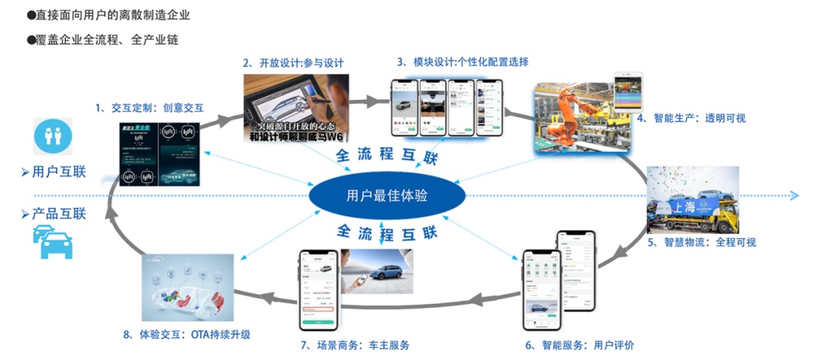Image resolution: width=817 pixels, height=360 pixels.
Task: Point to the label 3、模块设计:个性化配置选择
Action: click(x=462, y=61)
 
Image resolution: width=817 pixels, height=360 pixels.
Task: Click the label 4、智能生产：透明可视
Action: click(x=691, y=118)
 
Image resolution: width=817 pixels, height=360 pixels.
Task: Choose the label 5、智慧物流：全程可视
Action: click(x=701, y=243)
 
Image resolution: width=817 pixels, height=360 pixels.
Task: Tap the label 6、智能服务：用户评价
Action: click(x=579, y=345)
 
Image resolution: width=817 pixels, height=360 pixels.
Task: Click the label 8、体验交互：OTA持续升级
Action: click(x=195, y=334)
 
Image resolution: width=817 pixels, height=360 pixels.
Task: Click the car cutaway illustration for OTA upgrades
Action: click(x=188, y=287)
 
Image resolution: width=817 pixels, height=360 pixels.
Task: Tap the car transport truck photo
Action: click(x=692, y=200)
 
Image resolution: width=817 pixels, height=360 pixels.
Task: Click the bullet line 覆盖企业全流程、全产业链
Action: click(x=107, y=39)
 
